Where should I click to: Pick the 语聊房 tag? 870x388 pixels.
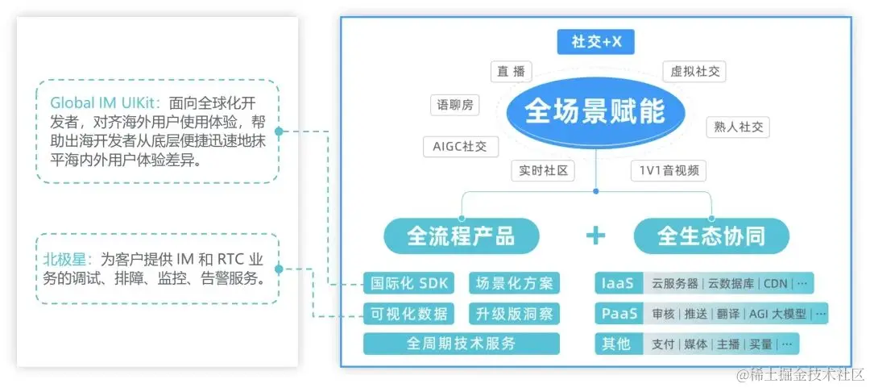[x=455, y=105]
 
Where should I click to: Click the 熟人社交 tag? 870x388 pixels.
[x=737, y=127]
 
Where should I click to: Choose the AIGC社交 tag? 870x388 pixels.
[x=460, y=146]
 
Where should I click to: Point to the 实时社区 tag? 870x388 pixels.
[x=540, y=170]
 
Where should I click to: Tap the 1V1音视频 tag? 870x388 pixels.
[x=669, y=170]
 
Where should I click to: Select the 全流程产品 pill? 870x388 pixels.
[x=461, y=236]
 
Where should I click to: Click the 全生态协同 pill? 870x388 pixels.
[x=711, y=236]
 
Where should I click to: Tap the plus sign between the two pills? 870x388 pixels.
[x=595, y=236]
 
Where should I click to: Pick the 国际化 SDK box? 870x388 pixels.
[x=408, y=283]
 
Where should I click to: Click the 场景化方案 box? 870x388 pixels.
[x=515, y=283]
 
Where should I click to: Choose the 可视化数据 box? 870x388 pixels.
[x=408, y=313]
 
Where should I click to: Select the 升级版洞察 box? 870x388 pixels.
[x=515, y=313]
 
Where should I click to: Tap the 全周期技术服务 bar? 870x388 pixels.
[x=462, y=343]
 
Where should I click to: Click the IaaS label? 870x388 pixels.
[x=618, y=283]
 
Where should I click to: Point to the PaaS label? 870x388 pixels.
[x=618, y=313]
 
